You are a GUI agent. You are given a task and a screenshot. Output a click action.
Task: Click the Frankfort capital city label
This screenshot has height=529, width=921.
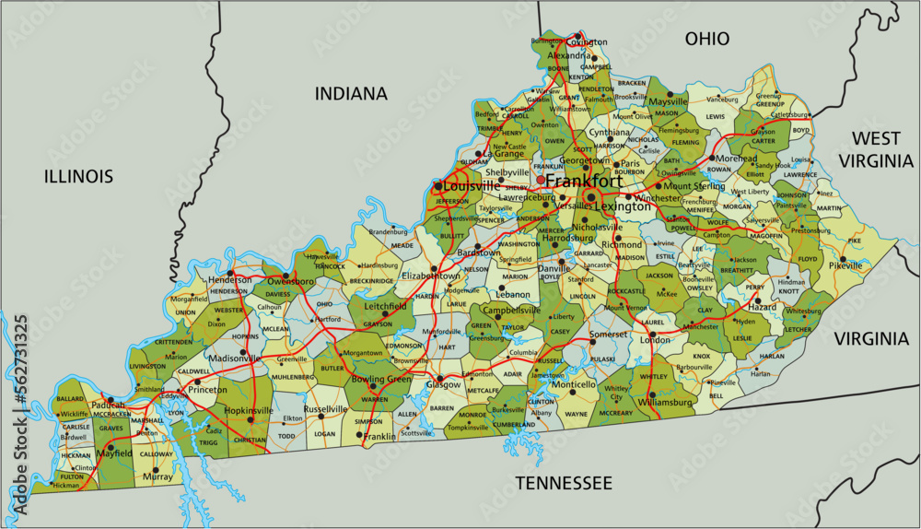(583, 182)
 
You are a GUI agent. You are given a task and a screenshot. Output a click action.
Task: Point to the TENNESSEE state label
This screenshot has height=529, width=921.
(563, 483)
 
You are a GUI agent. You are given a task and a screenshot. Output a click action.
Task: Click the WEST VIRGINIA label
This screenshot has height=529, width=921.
(875, 149)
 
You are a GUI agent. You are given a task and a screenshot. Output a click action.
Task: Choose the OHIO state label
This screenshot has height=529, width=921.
(706, 39)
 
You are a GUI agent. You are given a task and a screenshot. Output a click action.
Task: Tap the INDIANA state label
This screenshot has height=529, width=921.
(351, 93)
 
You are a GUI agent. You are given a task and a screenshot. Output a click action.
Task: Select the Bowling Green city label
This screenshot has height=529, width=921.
(382, 379)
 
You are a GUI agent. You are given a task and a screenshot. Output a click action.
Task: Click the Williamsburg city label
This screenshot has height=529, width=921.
(664, 403)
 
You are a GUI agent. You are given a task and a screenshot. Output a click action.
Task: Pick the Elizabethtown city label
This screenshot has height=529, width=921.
(433, 276)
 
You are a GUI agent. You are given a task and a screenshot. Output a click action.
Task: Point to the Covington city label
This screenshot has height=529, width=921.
(586, 42)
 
